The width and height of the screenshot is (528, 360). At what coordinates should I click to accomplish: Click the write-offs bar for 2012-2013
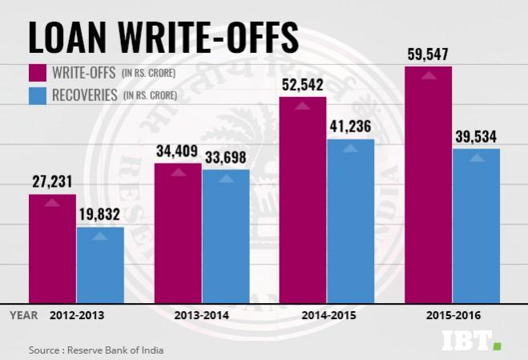[x=52, y=246]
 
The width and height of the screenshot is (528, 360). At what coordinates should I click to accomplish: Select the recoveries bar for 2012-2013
[x=100, y=262]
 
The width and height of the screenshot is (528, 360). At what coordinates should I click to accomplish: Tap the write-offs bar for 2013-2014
[x=178, y=231]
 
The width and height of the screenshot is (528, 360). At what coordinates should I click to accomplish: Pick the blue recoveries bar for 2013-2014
[x=226, y=233]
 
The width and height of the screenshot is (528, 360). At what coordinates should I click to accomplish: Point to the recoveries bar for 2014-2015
[x=351, y=218]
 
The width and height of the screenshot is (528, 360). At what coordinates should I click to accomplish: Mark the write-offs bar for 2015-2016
[x=429, y=182]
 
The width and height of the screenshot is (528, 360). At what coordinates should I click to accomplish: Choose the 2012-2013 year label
[x=76, y=315]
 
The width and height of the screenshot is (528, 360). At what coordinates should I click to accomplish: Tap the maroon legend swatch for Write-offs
[x=38, y=74]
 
